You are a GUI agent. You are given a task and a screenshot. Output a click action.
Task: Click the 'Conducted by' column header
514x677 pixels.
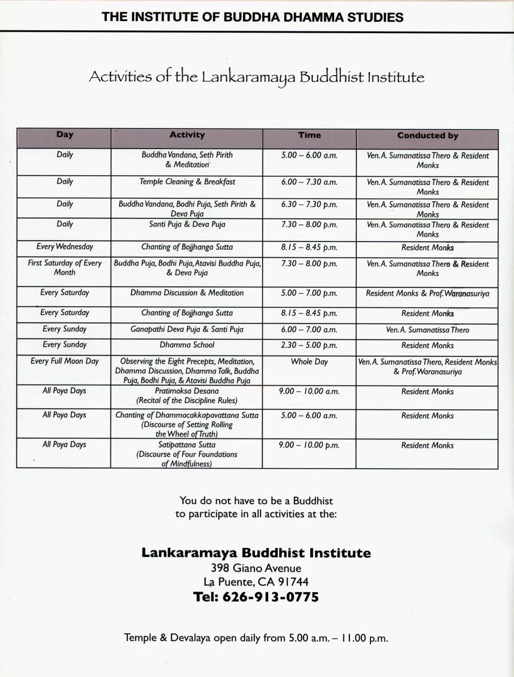coord(427,136)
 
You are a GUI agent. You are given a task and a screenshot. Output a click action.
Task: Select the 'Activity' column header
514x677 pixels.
coord(187,135)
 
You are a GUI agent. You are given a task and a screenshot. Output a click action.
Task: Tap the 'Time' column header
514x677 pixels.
coord(309,135)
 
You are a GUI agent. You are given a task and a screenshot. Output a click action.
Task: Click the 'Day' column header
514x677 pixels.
coord(65,135)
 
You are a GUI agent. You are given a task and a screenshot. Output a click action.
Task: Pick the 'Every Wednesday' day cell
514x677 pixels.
coord(65,247)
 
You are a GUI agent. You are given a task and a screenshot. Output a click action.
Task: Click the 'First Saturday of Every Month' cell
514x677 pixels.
coord(65,268)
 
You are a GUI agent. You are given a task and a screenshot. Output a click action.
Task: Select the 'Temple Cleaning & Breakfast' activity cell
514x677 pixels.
coord(187,182)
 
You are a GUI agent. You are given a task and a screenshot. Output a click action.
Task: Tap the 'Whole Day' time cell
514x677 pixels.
coord(309,362)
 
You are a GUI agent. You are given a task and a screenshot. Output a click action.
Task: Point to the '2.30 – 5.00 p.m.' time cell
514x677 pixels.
coord(309,346)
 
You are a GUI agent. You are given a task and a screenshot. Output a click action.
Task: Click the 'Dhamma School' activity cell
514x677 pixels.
coord(187,345)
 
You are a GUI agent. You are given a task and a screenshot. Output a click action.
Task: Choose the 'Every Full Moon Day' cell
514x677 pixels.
coord(65,361)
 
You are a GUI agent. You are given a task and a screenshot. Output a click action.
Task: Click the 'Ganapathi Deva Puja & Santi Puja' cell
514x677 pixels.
coord(187,329)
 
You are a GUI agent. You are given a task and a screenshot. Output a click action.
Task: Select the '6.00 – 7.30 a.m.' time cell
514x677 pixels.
coord(309,182)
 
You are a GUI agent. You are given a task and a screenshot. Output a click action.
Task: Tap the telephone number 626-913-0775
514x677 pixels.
coord(270,597)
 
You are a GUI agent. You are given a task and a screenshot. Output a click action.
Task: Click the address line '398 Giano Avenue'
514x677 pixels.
coord(256,569)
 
